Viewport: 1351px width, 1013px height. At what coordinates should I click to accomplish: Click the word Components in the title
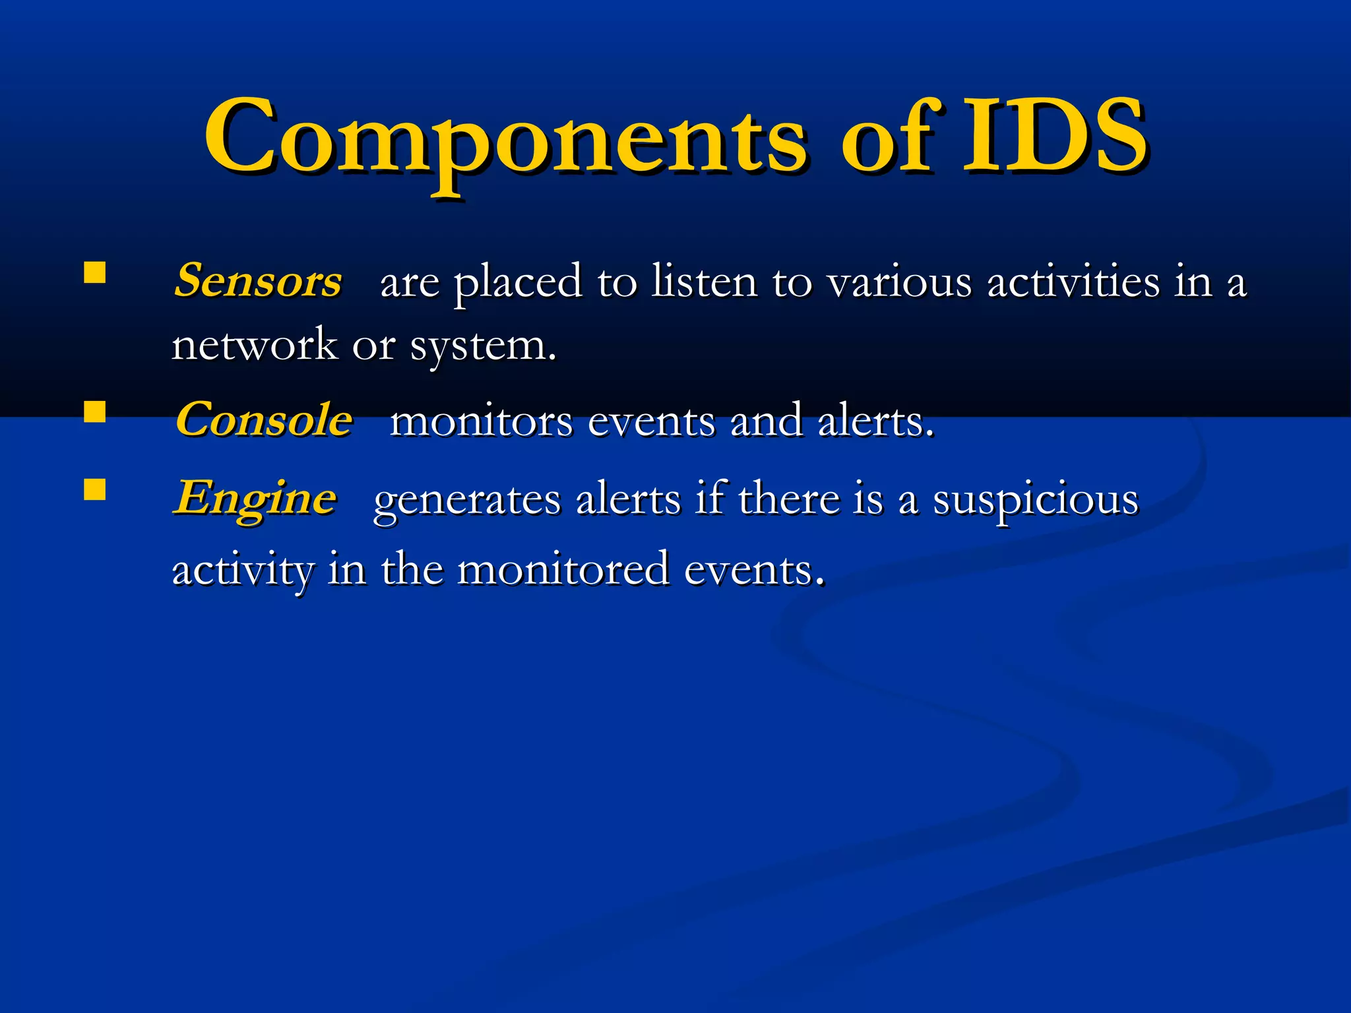point(505,138)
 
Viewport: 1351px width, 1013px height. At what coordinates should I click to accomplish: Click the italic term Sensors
point(258,280)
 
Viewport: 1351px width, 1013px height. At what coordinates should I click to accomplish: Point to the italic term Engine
point(255,498)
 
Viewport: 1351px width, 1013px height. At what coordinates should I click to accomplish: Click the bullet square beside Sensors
point(95,273)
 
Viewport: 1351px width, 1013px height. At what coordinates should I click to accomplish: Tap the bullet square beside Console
point(95,412)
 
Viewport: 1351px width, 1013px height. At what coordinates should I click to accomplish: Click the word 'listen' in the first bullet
point(704,282)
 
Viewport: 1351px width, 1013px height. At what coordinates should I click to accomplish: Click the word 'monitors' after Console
point(481,421)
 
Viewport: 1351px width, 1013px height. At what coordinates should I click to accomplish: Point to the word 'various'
point(900,283)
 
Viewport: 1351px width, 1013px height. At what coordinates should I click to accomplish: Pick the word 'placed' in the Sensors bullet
point(518,283)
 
